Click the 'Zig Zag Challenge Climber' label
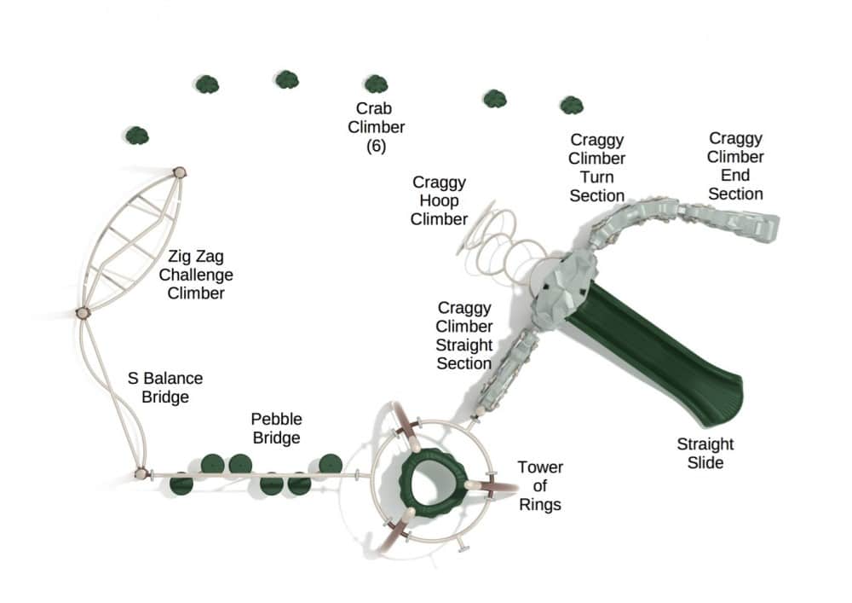click(x=196, y=274)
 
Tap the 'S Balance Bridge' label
click(x=165, y=387)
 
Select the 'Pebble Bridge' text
click(x=276, y=428)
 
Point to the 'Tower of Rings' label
click(x=540, y=486)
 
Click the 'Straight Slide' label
click(x=705, y=453)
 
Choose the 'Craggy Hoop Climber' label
click(x=439, y=200)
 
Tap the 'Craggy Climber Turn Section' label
click(x=596, y=167)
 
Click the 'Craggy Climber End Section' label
click(x=735, y=165)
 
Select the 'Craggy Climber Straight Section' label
click(x=464, y=335)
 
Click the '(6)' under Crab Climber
click(x=377, y=146)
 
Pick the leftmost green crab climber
click(x=137, y=135)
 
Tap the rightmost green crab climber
click(x=572, y=105)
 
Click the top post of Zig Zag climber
click(x=180, y=172)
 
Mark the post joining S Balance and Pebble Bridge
click(x=141, y=473)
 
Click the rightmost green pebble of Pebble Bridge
click(x=330, y=464)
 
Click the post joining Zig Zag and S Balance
click(x=83, y=313)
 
